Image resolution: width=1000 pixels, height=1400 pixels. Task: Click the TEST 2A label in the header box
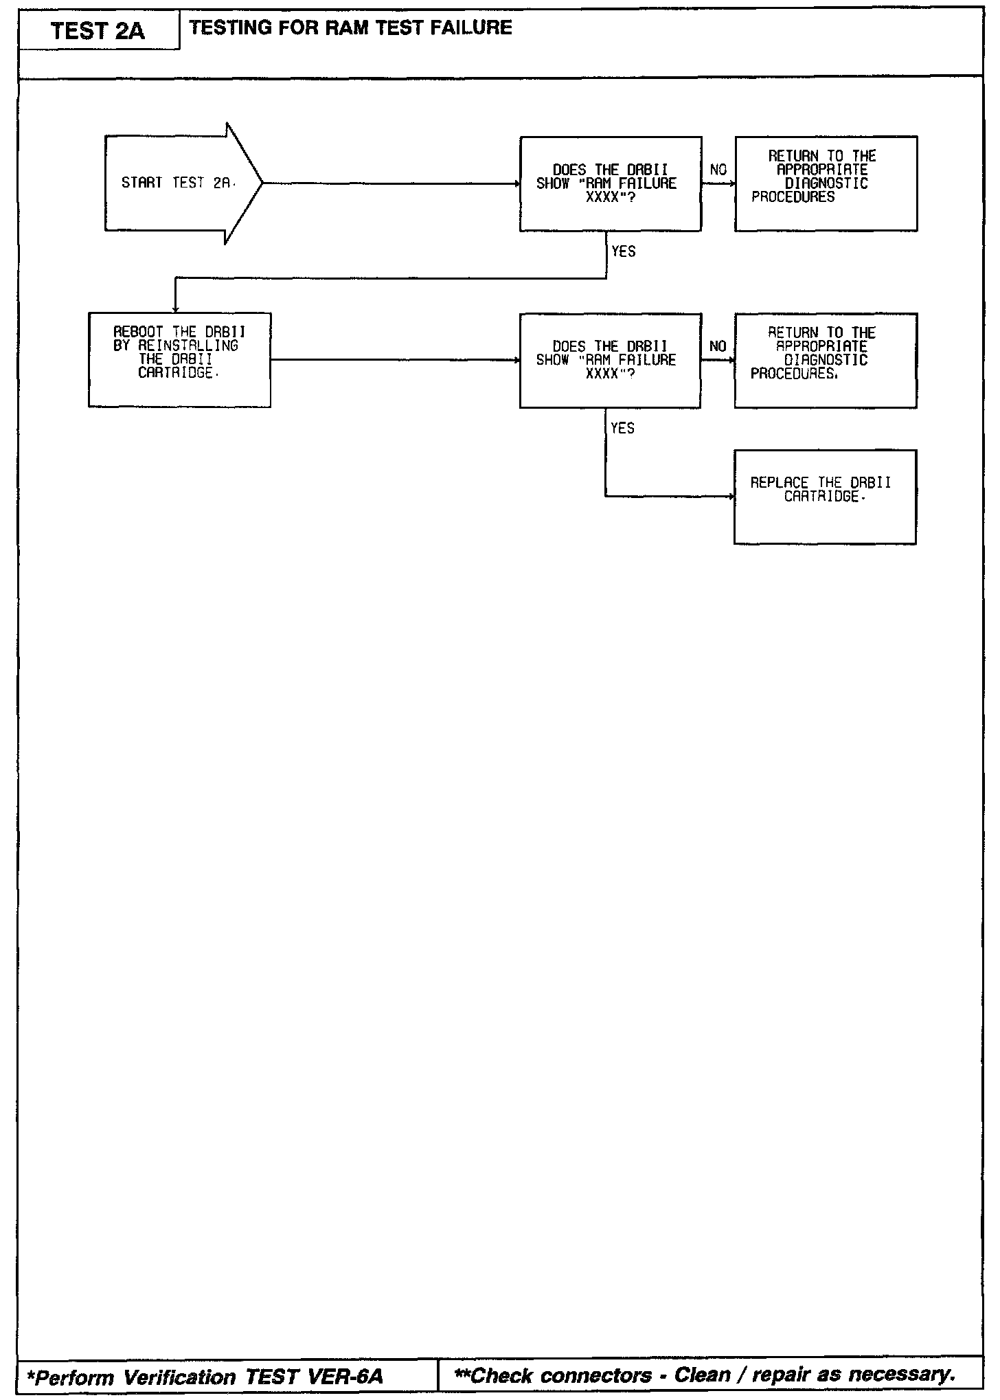point(98,31)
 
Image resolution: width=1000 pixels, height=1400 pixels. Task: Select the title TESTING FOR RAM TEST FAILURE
point(350,27)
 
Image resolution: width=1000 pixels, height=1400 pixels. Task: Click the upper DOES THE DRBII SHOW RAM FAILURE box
point(610,183)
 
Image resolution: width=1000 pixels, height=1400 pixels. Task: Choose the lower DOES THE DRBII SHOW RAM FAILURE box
point(610,360)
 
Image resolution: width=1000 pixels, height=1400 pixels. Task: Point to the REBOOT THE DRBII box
point(179,360)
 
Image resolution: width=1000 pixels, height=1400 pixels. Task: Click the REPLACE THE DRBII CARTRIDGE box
point(825,497)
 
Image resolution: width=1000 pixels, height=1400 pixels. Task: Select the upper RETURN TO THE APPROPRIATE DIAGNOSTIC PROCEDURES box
point(826,183)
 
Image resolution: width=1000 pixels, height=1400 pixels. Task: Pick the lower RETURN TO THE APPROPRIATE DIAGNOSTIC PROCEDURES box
point(826,360)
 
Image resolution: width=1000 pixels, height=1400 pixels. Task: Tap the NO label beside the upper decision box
point(718,170)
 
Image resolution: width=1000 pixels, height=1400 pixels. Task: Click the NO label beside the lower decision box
point(718,346)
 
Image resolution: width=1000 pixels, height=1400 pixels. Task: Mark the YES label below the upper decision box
point(624,251)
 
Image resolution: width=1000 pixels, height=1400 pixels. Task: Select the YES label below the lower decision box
point(623,428)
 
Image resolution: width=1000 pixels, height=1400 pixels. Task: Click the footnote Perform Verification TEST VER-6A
point(205,1377)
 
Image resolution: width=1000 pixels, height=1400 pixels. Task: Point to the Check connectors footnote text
point(705,1375)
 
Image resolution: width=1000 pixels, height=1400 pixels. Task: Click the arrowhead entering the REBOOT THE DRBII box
point(176,309)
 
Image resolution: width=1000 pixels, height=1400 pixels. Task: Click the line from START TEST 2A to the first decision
point(391,183)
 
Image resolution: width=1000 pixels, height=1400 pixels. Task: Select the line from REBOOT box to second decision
point(395,359)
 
